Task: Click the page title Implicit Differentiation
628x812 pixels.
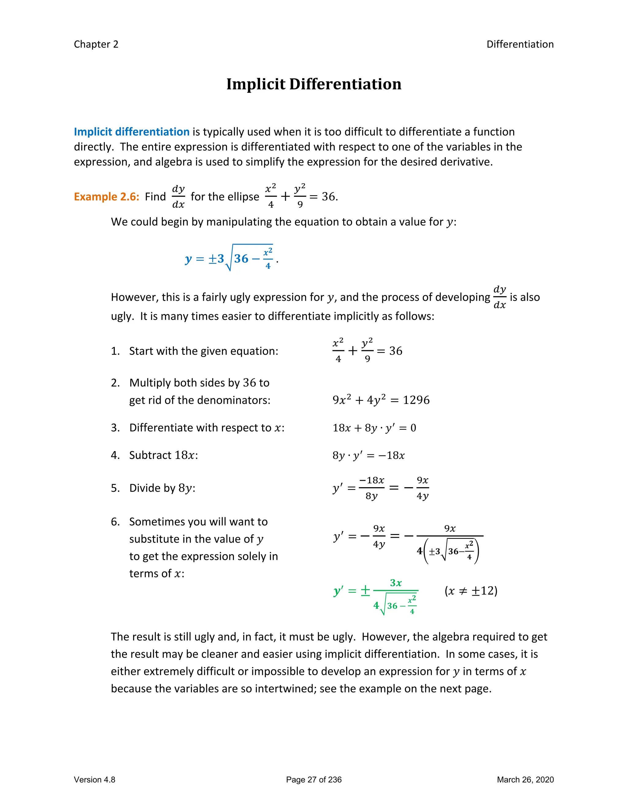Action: tap(314, 84)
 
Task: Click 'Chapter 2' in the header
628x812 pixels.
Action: tap(96, 44)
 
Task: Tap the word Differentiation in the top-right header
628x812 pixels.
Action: tap(520, 44)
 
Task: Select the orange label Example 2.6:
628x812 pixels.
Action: tap(106, 197)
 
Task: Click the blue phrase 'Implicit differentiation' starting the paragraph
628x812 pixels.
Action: tap(132, 132)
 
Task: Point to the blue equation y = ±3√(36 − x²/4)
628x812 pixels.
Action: tap(231, 258)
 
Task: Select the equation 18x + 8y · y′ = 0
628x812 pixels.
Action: tap(374, 428)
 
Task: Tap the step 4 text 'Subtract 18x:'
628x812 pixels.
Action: tap(163, 455)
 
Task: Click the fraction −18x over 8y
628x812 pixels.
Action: tap(371, 488)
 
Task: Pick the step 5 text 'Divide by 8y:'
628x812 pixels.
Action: tap(162, 488)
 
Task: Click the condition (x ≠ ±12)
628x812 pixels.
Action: tap(471, 591)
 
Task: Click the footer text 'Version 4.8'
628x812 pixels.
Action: tap(94, 780)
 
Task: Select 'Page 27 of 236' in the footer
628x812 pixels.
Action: tap(314, 780)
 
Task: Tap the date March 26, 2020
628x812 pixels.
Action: tap(525, 780)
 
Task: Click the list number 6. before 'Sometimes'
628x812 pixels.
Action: tap(115, 522)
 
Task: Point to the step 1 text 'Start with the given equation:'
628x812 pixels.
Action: tap(204, 351)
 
